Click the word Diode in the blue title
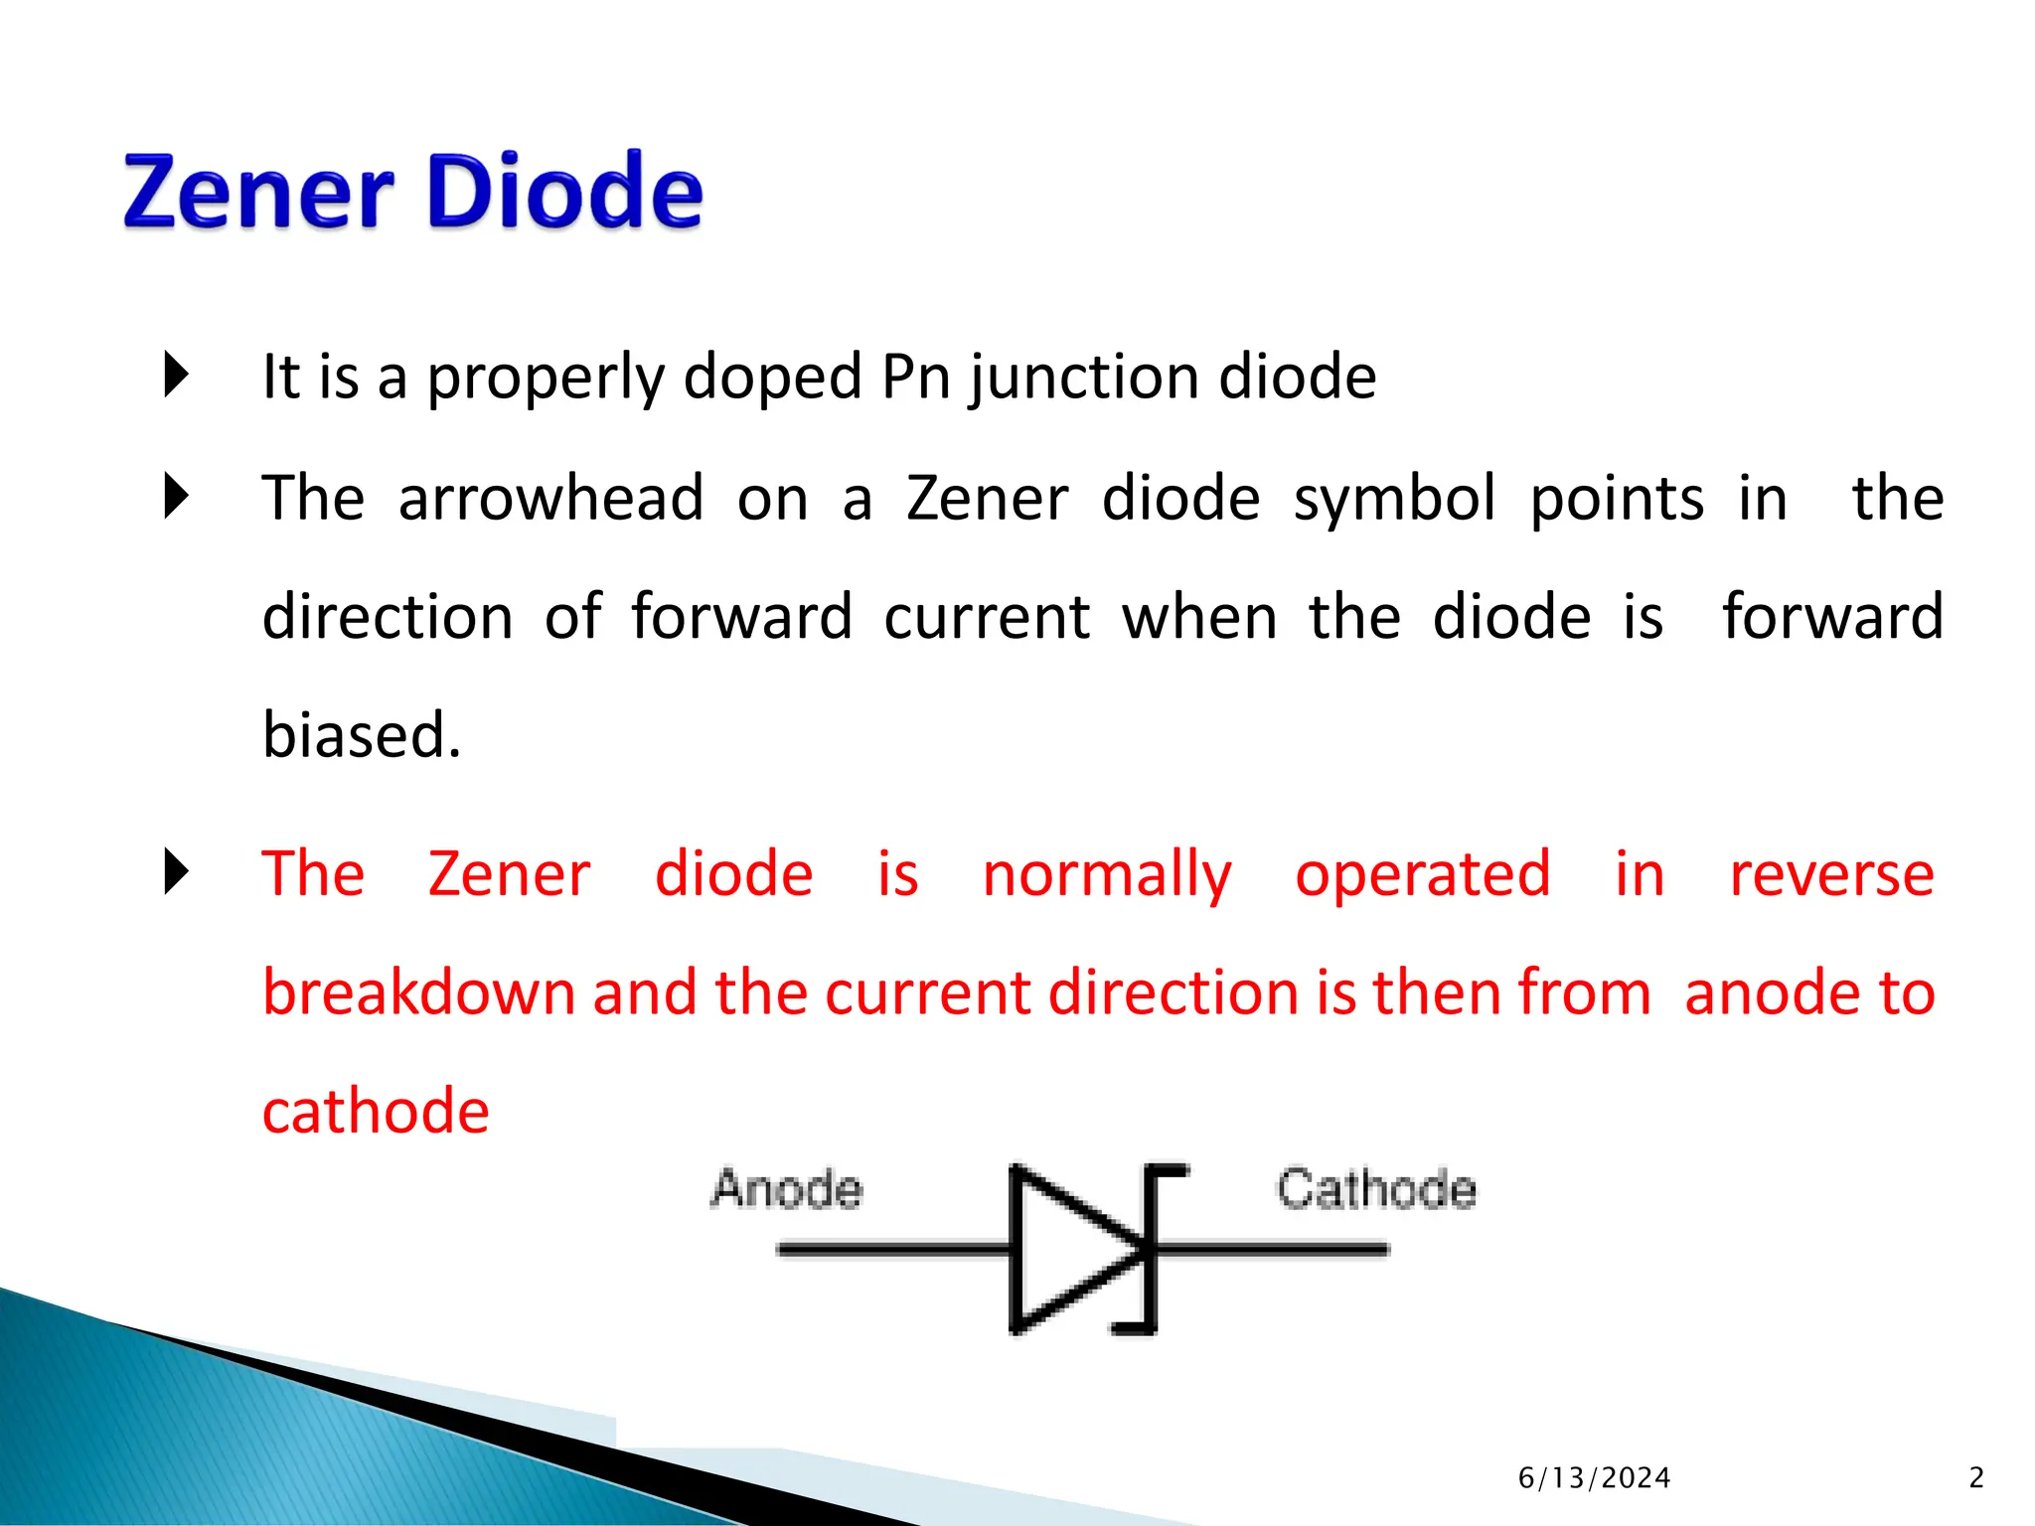click(x=564, y=191)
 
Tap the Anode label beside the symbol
click(x=786, y=1189)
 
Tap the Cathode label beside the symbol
click(x=1376, y=1189)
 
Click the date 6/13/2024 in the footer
click(x=1594, y=1478)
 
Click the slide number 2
click(x=1976, y=1478)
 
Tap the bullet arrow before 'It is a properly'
click(x=176, y=376)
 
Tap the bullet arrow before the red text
click(x=176, y=872)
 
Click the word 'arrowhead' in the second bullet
click(x=550, y=498)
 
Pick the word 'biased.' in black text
click(x=362, y=735)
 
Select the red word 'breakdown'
click(x=418, y=992)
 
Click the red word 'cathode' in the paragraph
click(x=376, y=1111)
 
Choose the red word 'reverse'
click(x=1831, y=874)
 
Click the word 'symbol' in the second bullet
click(x=1393, y=498)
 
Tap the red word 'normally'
click(x=1106, y=874)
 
